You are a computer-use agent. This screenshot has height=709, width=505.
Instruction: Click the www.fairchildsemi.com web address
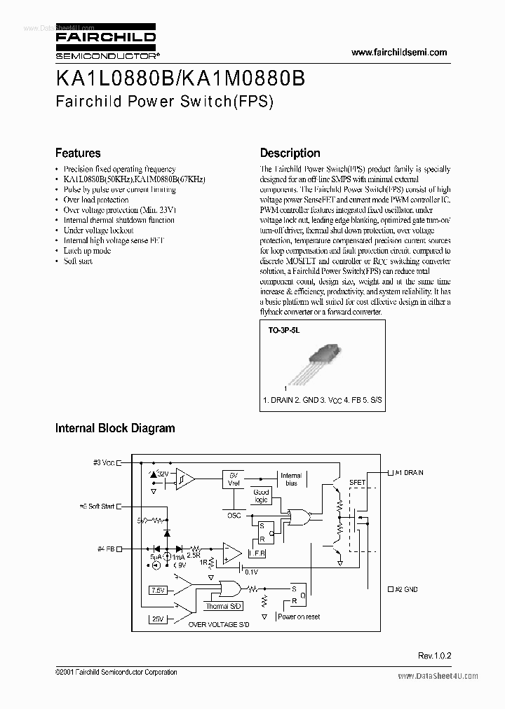coord(398,53)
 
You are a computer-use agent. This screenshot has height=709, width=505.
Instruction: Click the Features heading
coord(78,153)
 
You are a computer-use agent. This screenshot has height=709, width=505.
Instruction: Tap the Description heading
coord(290,153)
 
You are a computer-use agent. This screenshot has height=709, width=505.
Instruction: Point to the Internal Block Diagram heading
coord(115,427)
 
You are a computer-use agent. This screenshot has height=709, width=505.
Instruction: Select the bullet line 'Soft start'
coord(78,261)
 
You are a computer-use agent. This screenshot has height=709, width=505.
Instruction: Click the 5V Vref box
coord(233,479)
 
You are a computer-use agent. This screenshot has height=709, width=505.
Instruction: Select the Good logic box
coord(261,496)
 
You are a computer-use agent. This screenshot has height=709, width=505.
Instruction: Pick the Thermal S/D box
coord(223,606)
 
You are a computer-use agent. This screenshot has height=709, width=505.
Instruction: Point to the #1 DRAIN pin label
coord(409,473)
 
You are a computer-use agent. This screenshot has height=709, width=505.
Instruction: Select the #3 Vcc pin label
coord(102,462)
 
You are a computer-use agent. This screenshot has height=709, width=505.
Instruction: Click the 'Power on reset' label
coord(299,617)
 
